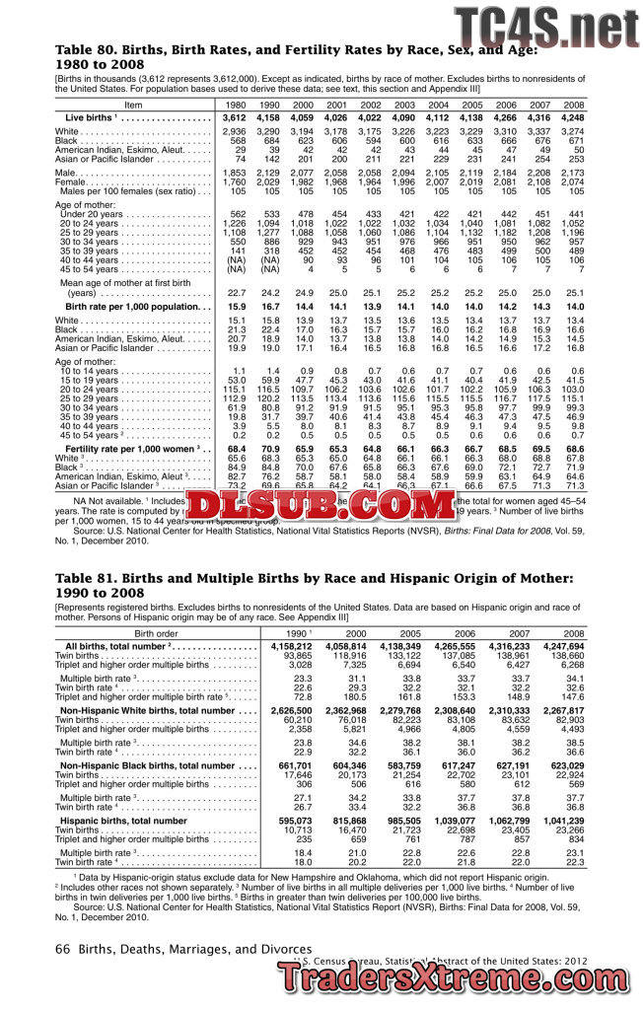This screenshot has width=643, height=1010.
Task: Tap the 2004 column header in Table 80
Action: tap(438, 105)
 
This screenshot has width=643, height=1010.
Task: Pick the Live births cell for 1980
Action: tap(234, 117)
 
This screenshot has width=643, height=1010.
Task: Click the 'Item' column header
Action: tap(134, 105)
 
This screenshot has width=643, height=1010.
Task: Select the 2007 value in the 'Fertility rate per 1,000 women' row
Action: tap(539, 448)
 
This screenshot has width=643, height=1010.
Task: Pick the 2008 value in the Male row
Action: tap(573, 173)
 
